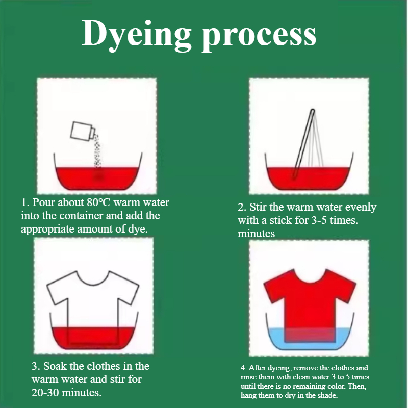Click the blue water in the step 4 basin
click(x=276, y=338)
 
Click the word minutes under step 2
click(x=256, y=234)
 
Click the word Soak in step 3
click(x=55, y=366)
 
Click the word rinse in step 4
click(x=248, y=377)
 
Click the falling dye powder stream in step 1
click(x=97, y=151)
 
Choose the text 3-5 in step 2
click(x=319, y=220)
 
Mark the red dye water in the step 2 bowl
click(x=309, y=178)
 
